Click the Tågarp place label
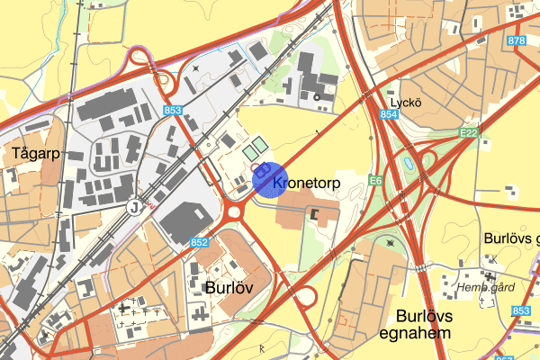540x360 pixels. tap(36, 152)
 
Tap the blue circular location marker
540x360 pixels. tap(269, 178)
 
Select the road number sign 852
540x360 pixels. tap(200, 243)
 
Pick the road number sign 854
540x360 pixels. tap(389, 115)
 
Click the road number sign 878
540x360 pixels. tap(516, 40)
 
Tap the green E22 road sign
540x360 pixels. tap(467, 133)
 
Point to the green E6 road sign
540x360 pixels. tap(376, 182)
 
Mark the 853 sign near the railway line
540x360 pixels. tap(174, 111)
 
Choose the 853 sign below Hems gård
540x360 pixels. tap(521, 310)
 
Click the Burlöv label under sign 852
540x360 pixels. tap(229, 288)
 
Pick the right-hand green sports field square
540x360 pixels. tap(259, 144)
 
